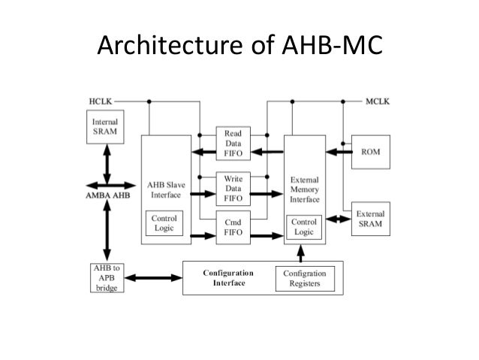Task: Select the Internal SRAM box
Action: tap(104, 126)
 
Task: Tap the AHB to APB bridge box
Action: tap(104, 278)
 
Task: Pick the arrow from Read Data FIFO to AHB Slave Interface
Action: tap(202, 153)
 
